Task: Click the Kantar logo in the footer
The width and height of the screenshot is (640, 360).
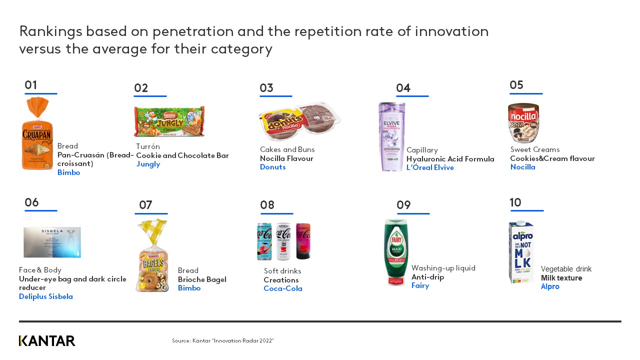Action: pos(47,341)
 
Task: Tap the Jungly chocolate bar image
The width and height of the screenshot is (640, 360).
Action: pos(169,121)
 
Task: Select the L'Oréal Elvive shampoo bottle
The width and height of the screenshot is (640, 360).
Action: pos(391,136)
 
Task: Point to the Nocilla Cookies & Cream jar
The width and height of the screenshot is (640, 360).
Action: pos(523,123)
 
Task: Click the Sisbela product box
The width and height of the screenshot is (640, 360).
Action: pos(52,242)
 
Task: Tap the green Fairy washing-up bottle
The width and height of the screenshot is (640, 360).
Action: pos(396,252)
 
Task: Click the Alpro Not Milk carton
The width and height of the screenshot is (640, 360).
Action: pos(521,252)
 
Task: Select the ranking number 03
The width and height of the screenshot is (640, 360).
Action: pos(266,88)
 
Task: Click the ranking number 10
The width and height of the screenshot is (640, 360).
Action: pos(515,202)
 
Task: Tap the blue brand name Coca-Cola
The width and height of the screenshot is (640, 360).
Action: pos(283,288)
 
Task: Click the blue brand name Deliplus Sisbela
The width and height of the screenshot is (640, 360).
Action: pos(46,296)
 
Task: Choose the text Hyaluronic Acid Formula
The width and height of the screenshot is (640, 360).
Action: pos(450,159)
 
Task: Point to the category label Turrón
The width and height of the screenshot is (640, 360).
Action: pos(148,146)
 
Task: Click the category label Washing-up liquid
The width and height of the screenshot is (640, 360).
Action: pos(443,268)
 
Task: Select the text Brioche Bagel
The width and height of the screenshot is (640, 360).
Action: pos(202,279)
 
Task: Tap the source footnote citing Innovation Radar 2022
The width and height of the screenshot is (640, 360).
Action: pos(223,340)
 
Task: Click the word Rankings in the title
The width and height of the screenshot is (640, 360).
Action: pos(50,31)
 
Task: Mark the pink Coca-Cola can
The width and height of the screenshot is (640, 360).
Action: pos(303,241)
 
